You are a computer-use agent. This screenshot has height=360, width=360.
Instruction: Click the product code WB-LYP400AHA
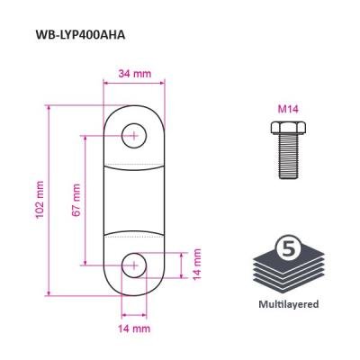click(80, 35)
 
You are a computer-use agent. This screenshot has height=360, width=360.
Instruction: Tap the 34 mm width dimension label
click(135, 74)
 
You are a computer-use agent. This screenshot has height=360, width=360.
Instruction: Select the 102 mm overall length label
click(40, 200)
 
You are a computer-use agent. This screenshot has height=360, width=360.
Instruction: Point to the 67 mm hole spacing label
click(76, 200)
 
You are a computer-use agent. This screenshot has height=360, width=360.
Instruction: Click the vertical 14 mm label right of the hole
click(197, 265)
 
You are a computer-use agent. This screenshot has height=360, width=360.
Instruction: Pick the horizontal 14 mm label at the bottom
click(134, 328)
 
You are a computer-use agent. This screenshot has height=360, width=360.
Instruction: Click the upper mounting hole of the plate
click(134, 136)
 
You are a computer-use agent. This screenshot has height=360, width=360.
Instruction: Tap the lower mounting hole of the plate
click(134, 265)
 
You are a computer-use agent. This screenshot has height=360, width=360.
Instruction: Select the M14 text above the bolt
click(288, 110)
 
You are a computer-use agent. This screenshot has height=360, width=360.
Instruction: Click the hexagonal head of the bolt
click(288, 128)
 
